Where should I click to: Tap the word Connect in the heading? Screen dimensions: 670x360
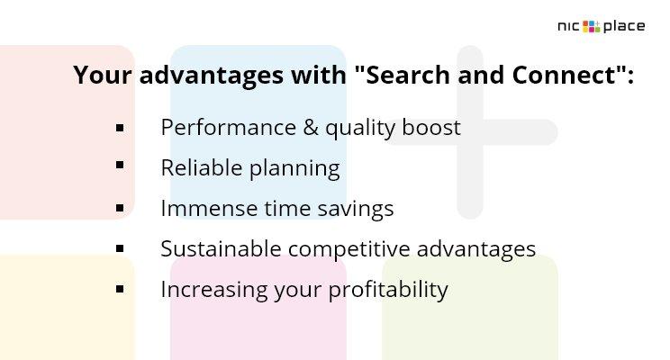(x=564, y=75)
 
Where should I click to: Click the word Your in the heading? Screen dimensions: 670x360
(x=103, y=75)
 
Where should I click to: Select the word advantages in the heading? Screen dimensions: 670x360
(x=212, y=76)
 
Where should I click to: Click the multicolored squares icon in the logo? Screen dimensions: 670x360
(x=592, y=26)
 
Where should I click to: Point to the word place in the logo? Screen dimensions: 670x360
(x=624, y=26)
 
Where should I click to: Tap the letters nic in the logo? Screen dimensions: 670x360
(x=569, y=26)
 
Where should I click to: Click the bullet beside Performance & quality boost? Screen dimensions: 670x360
(x=120, y=128)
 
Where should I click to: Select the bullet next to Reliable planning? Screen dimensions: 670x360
(x=120, y=165)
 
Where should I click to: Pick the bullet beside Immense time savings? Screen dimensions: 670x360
(x=120, y=209)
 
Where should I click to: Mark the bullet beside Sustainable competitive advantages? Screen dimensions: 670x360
(x=120, y=248)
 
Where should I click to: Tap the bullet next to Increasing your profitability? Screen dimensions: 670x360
(x=120, y=289)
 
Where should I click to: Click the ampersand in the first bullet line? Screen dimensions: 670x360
(x=311, y=128)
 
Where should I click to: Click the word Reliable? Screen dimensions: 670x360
(x=202, y=167)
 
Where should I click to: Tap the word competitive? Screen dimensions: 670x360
(x=349, y=249)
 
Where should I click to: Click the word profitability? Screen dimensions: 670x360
(x=388, y=290)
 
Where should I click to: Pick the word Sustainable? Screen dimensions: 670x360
(x=221, y=249)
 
